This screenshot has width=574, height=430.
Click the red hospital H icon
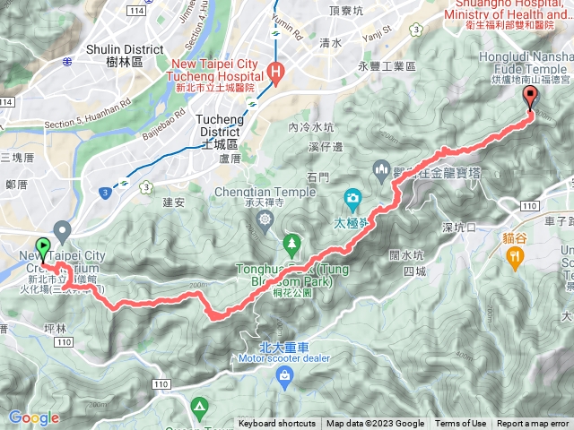pos(278,72)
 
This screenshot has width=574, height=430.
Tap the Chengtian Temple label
pos(265,192)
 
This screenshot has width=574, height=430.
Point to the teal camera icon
pos(354,196)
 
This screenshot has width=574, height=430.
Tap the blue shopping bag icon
pos(284,376)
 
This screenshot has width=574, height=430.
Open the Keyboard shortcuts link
pos(277,424)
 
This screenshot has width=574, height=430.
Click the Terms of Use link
pos(461,424)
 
